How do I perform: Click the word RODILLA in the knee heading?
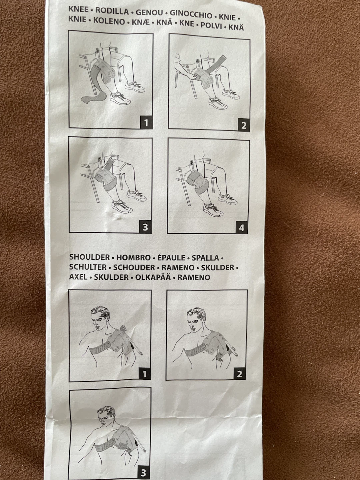click(112, 11)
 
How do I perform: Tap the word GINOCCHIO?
click(191, 14)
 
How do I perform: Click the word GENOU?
click(150, 13)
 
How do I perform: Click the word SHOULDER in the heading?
click(90, 257)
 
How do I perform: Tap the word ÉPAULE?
click(171, 258)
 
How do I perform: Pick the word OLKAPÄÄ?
click(153, 277)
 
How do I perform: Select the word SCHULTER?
click(88, 267)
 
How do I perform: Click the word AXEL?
click(78, 277)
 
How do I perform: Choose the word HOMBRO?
click(133, 257)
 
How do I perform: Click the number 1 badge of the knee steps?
click(146, 123)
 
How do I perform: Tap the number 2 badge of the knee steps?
click(243, 125)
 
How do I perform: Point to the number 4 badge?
click(242, 228)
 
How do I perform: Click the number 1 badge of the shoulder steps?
click(145, 374)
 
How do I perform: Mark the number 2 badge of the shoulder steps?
click(240, 374)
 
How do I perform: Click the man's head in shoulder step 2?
click(196, 320)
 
